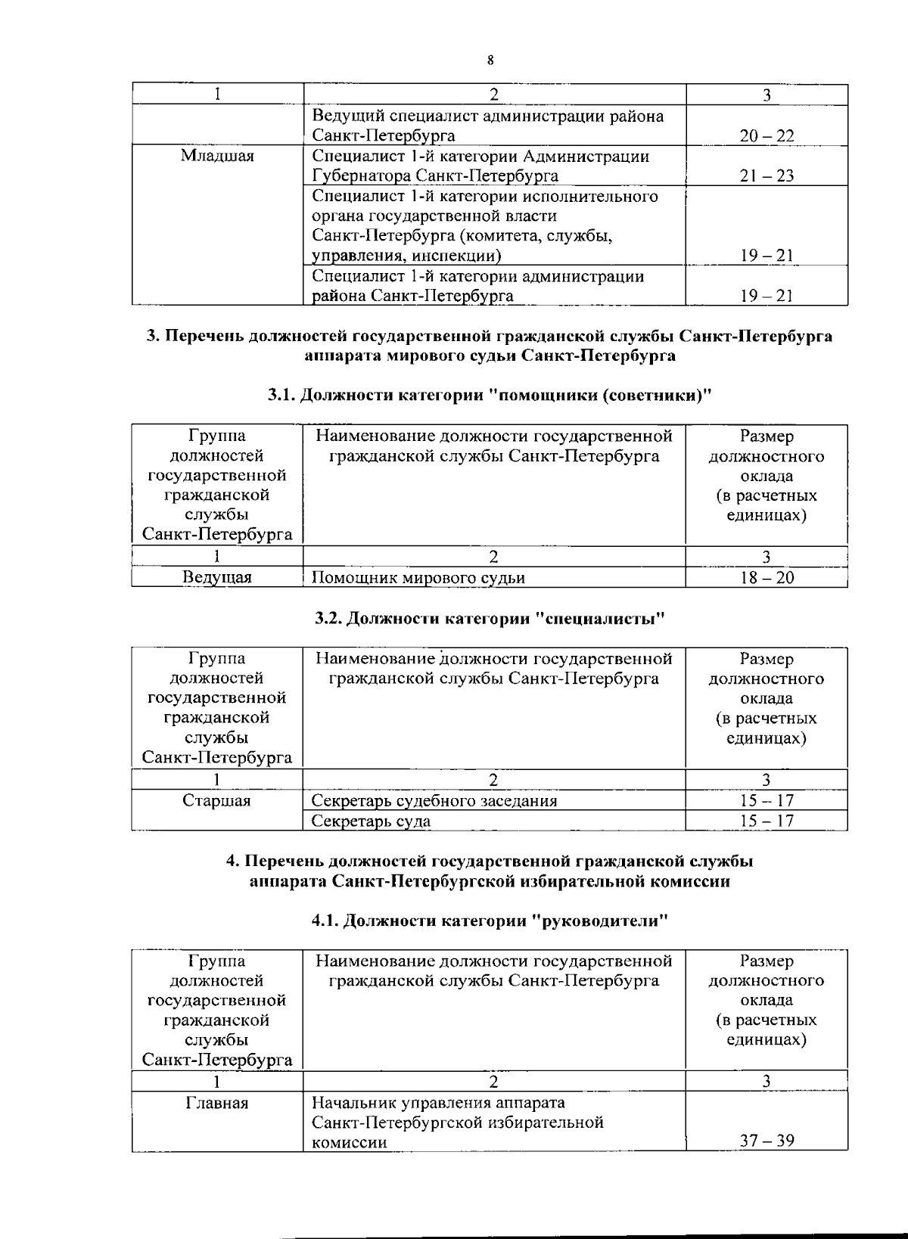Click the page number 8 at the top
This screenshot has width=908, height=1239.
pyautogui.click(x=490, y=61)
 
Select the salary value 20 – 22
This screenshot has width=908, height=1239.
pyautogui.click(x=767, y=136)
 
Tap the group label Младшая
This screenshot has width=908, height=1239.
pyautogui.click(x=217, y=156)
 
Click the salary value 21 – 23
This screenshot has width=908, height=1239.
pyautogui.click(x=767, y=176)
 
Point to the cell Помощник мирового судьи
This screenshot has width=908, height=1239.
pyautogui.click(x=418, y=578)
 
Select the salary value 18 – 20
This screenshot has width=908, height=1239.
pyautogui.click(x=767, y=578)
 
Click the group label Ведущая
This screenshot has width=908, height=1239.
pyautogui.click(x=217, y=578)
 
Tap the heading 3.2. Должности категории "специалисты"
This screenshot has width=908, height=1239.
pyautogui.click(x=490, y=619)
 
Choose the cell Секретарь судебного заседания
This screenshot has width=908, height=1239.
pyautogui.click(x=434, y=801)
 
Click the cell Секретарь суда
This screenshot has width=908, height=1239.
pyautogui.click(x=372, y=821)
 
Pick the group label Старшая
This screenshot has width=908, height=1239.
pyautogui.click(x=217, y=801)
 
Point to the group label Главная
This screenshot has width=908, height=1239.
pyautogui.click(x=217, y=1103)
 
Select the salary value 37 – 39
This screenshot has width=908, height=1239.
pyautogui.click(x=767, y=1141)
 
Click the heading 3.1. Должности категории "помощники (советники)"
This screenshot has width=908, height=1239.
pyautogui.click(x=490, y=395)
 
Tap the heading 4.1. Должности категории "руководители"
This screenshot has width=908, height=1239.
pyautogui.click(x=490, y=921)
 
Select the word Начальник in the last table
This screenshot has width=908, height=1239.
pyautogui.click(x=350, y=1103)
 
